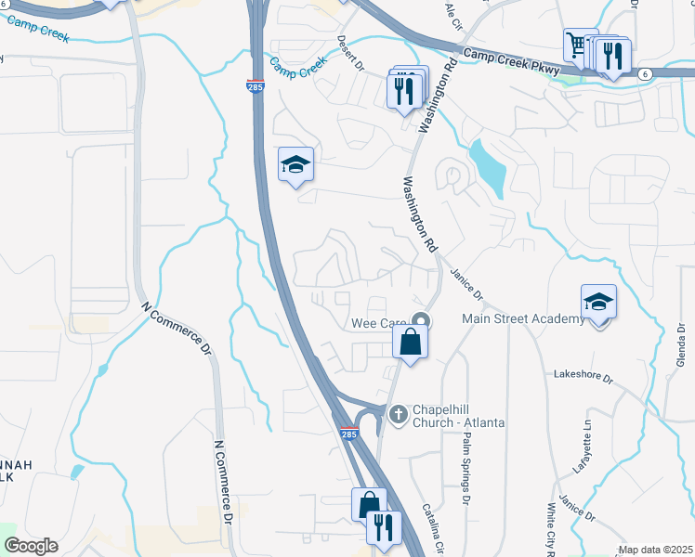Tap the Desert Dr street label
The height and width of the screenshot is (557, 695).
pyautogui.click(x=350, y=53)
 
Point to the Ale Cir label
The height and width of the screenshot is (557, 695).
pyautogui.click(x=453, y=14)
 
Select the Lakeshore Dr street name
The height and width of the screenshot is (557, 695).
pyautogui.click(x=584, y=378)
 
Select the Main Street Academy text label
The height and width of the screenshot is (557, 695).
pyautogui.click(x=524, y=319)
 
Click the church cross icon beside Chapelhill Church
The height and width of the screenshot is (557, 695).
pyautogui.click(x=399, y=413)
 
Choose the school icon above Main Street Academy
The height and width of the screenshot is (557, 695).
pyautogui.click(x=598, y=302)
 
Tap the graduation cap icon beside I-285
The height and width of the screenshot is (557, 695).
pyautogui.click(x=295, y=165)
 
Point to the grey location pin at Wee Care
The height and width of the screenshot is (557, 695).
pyautogui.click(x=421, y=321)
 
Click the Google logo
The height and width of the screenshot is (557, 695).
pyautogui.click(x=31, y=546)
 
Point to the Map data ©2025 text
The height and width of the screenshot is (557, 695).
pyautogui.click(x=654, y=550)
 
